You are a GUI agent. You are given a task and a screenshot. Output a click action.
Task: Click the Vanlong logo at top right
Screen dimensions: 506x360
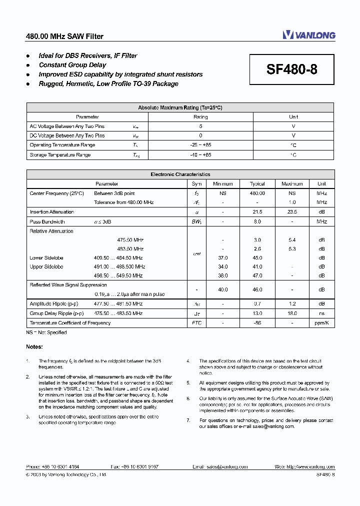point(308,35)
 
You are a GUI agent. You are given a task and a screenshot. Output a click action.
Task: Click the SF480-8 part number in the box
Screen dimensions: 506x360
point(291,70)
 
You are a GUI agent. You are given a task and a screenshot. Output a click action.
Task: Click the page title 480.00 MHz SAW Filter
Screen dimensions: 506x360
point(64,36)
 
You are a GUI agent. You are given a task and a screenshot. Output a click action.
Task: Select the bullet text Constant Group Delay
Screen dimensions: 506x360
point(72,65)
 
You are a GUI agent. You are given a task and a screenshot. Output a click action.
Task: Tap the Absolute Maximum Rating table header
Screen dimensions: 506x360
point(180,107)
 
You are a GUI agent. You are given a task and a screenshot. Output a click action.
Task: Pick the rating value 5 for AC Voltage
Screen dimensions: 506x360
point(200,126)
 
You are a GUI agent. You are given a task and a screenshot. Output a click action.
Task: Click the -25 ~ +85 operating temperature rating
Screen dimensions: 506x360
point(200,145)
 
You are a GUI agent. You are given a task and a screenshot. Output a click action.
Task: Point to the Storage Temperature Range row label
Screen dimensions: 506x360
point(60,155)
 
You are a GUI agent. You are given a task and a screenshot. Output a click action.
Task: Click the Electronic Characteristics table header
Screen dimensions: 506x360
point(180,174)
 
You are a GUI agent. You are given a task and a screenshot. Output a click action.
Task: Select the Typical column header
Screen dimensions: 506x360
point(257,184)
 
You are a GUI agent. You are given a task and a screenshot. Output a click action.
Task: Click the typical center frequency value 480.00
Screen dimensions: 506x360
point(257,193)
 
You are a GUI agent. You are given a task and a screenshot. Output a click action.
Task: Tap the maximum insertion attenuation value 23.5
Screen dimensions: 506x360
point(292,212)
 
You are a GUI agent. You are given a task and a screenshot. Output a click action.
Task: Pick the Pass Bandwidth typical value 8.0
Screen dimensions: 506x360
point(257,221)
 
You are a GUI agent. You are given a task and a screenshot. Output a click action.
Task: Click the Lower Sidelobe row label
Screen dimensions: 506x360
point(46,258)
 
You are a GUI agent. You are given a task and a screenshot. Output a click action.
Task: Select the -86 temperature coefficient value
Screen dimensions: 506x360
point(257,323)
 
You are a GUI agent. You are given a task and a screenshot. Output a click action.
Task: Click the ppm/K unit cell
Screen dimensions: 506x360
point(321,323)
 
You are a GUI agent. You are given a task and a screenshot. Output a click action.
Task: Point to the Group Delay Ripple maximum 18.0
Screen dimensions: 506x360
point(292,313)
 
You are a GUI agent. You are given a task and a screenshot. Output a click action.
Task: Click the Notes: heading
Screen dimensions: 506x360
point(34,346)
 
